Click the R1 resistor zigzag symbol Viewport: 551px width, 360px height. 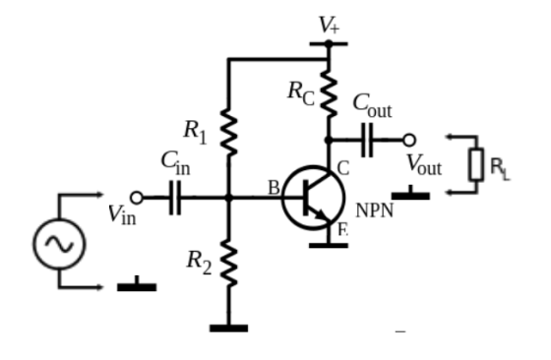point(228,132)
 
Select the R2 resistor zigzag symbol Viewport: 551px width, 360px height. point(228,263)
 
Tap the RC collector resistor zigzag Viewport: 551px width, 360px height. point(329,92)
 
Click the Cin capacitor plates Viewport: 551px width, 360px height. point(175,198)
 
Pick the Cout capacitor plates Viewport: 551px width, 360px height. point(367,140)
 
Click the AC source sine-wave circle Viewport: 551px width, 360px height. point(59,244)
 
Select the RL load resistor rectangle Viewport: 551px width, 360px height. point(476,164)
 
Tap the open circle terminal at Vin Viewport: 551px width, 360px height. point(137,198)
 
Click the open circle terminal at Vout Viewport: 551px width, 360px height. point(409,140)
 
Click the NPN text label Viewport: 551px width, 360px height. point(374,210)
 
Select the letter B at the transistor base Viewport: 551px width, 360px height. point(274,188)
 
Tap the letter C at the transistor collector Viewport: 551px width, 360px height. point(343,168)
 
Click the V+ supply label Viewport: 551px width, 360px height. point(329,25)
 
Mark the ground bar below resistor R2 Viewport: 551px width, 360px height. point(228,329)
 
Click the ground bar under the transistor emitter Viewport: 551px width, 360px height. point(329,245)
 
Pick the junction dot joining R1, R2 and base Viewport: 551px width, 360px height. point(228,198)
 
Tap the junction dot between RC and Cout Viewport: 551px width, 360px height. point(329,140)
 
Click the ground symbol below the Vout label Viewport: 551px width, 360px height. point(410,193)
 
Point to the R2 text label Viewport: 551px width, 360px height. point(199,262)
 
